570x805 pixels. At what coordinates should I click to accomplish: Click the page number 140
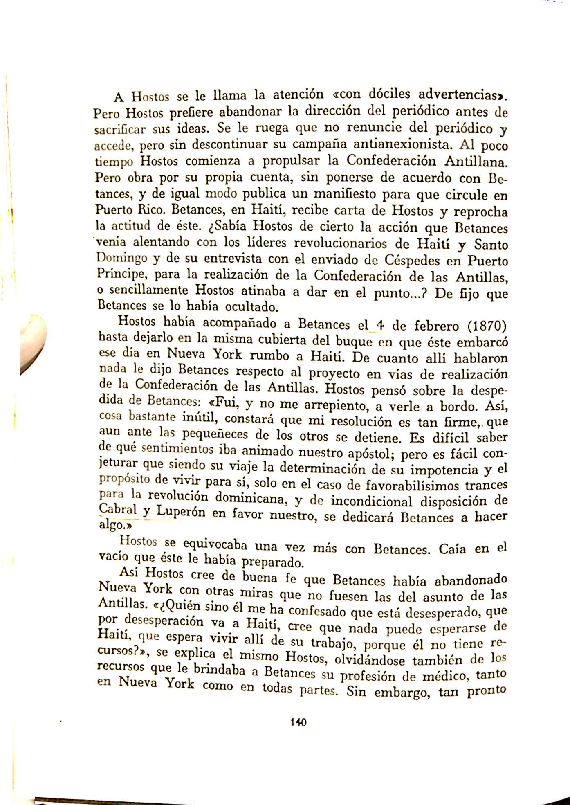(x=298, y=722)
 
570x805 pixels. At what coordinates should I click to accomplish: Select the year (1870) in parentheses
(x=486, y=327)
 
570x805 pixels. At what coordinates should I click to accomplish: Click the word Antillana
(x=476, y=162)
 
